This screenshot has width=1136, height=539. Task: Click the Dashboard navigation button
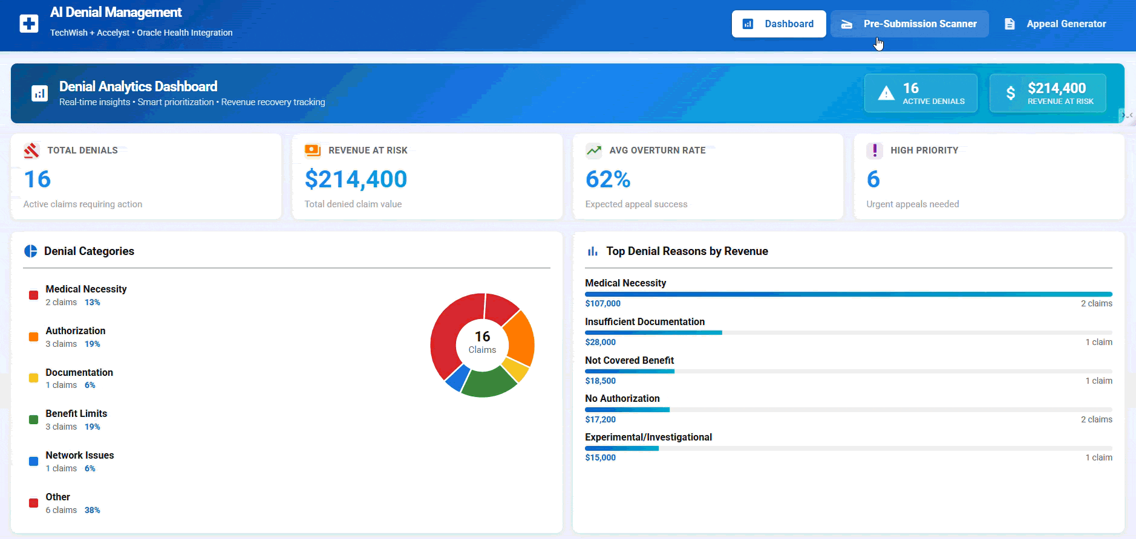779,24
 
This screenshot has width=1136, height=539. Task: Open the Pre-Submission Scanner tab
909,24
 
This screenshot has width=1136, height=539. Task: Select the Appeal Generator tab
1055,24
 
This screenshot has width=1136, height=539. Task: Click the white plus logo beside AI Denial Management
29,24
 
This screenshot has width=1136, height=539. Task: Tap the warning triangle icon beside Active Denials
886,93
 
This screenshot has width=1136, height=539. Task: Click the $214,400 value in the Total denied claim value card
356,179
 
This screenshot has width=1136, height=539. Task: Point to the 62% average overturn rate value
608,179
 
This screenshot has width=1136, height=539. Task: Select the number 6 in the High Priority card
873,179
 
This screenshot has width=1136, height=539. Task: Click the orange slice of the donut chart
520,337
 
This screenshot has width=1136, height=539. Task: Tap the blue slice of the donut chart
457,377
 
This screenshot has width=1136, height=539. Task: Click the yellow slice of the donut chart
517,369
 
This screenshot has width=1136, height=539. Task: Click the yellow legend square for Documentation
34,378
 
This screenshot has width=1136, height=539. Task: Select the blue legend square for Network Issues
34,461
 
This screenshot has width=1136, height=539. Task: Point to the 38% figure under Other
92,510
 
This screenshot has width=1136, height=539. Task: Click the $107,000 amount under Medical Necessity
602,303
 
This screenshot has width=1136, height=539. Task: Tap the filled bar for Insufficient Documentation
653,332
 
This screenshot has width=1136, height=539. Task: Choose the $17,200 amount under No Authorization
600,419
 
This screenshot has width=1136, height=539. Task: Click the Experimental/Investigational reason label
648,437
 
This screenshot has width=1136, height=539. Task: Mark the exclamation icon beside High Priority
874,150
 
